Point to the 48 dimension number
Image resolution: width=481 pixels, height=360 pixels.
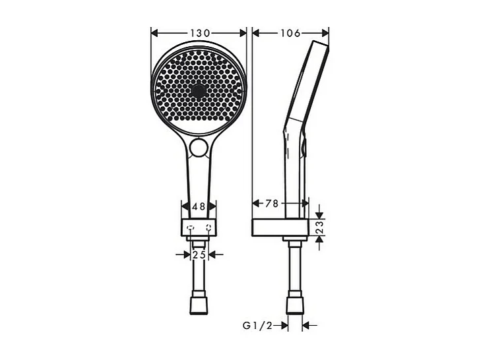[199, 206]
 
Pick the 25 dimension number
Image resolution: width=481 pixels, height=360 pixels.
[199, 254]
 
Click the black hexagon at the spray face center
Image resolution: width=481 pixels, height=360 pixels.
[199, 91]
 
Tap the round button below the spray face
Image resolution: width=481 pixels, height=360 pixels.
[199, 149]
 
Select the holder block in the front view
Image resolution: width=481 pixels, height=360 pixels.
[199, 228]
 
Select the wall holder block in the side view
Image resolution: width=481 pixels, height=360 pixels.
[280, 227]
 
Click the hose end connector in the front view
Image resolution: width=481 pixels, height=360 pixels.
[199, 305]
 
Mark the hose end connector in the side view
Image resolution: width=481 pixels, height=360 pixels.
[295, 305]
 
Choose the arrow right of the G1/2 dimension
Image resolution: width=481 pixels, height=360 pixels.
[307, 325]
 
